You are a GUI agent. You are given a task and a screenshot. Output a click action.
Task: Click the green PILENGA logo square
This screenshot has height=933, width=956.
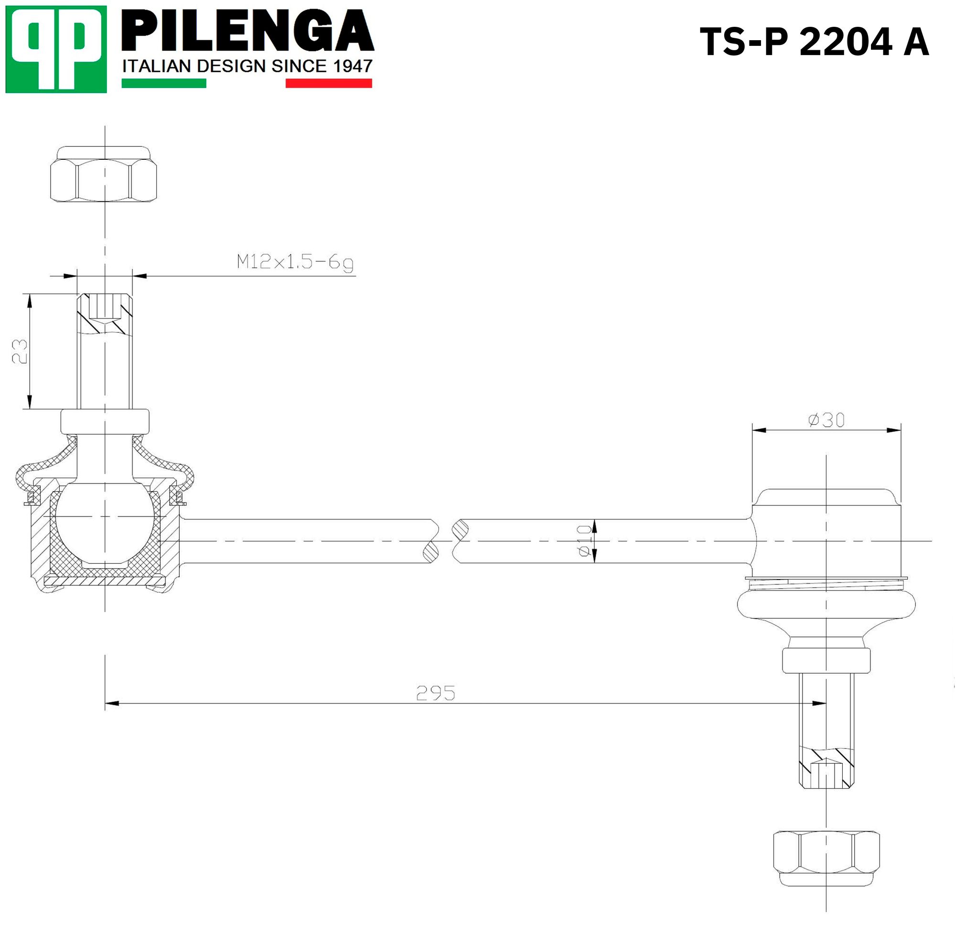(x=56, y=49)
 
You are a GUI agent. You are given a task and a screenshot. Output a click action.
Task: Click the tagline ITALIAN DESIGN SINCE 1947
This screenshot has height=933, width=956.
(x=247, y=66)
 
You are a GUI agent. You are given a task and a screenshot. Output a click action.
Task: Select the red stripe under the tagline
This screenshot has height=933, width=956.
(x=329, y=83)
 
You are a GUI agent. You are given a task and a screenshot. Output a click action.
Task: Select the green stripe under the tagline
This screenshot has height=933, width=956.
(x=164, y=83)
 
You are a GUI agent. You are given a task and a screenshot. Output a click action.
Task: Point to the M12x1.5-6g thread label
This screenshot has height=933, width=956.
(x=295, y=262)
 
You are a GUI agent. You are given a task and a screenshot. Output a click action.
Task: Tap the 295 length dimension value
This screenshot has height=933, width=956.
(x=435, y=693)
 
